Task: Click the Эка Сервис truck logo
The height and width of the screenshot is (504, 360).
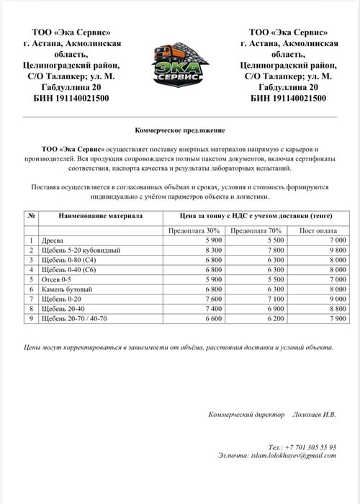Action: tap(180, 65)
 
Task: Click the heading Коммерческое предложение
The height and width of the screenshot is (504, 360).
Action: tap(180, 130)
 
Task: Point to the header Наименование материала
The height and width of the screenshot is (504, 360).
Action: tap(102, 215)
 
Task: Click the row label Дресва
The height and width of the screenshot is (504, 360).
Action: tap(53, 240)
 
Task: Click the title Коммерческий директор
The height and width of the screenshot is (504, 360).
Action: tap(247, 415)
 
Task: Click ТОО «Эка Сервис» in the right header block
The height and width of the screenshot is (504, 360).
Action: tap(288, 32)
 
